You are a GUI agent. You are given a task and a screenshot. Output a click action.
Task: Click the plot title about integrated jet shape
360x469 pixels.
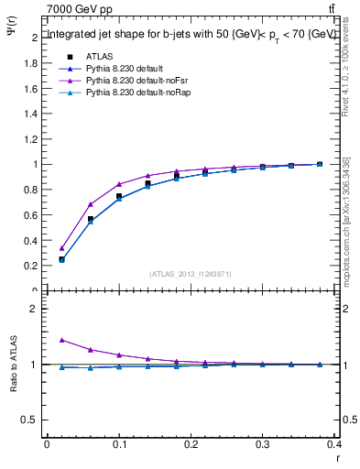pyautogui.click(x=191, y=34)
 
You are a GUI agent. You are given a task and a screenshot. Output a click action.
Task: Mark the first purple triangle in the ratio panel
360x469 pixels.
pyautogui.click(x=61, y=340)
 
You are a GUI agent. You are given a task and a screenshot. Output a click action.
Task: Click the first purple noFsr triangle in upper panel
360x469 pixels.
pyautogui.click(x=61, y=248)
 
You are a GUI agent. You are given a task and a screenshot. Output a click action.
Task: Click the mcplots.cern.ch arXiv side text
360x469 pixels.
pyautogui.click(x=346, y=220)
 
